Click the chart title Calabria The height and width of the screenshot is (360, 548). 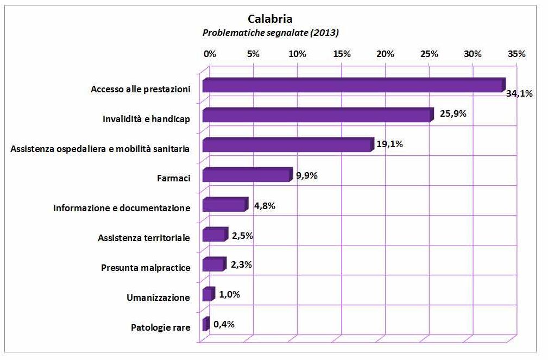(x=270, y=21)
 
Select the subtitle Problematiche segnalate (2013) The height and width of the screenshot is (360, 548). (x=270, y=33)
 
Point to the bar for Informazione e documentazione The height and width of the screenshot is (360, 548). (x=224, y=205)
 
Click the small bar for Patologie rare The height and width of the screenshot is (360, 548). (x=205, y=325)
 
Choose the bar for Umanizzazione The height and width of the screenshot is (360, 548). (x=208, y=295)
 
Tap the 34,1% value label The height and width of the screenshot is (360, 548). (x=519, y=93)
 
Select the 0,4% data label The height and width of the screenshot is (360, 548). (x=224, y=324)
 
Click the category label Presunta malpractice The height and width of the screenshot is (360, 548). (x=146, y=268)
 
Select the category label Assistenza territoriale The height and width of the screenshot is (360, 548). (x=144, y=238)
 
